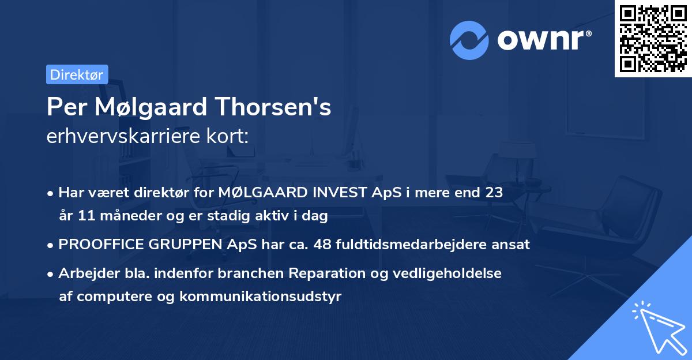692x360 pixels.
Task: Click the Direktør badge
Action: (77, 74)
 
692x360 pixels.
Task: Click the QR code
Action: (653, 39)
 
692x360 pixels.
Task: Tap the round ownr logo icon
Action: (469, 39)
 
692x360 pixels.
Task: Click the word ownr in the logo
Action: (543, 39)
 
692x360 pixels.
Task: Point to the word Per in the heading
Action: (62, 107)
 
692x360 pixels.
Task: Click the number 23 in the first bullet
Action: (494, 193)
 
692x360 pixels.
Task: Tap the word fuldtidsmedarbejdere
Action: (412, 244)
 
